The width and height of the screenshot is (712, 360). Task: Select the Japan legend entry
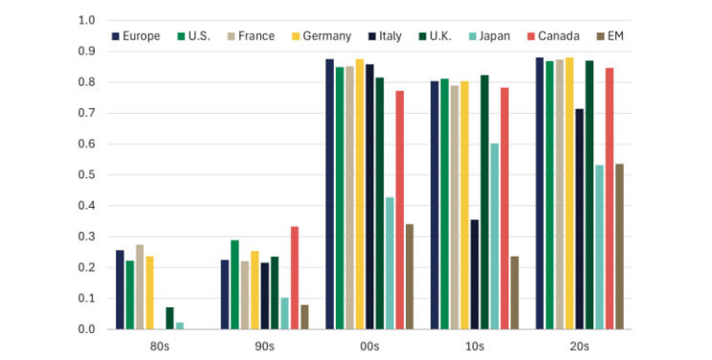click(x=481, y=36)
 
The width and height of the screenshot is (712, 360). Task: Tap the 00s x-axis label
click(x=369, y=347)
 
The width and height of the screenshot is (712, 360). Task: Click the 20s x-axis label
click(x=580, y=347)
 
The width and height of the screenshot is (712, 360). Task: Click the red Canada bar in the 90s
click(x=294, y=278)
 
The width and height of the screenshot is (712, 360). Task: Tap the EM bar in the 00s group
click(x=410, y=277)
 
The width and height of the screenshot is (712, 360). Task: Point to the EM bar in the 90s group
click(x=304, y=317)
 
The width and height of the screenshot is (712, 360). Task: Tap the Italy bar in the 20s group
click(x=578, y=219)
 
